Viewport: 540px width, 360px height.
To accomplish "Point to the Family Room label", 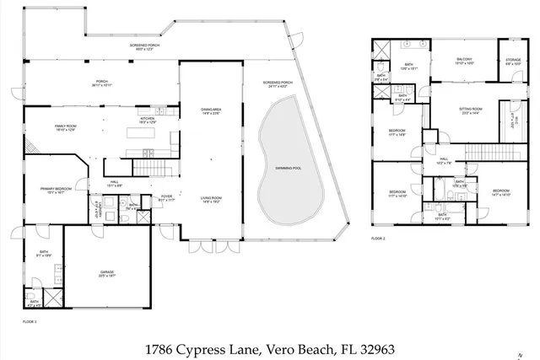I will pos(67,127).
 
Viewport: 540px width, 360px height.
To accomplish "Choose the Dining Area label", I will pos(211,110).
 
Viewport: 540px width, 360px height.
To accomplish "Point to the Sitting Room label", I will pos(470,110).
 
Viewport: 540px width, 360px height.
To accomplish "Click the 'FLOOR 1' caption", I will pos(30,321).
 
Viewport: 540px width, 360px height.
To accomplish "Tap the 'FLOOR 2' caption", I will pos(377,239).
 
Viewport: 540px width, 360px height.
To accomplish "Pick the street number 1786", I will pos(161,347).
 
